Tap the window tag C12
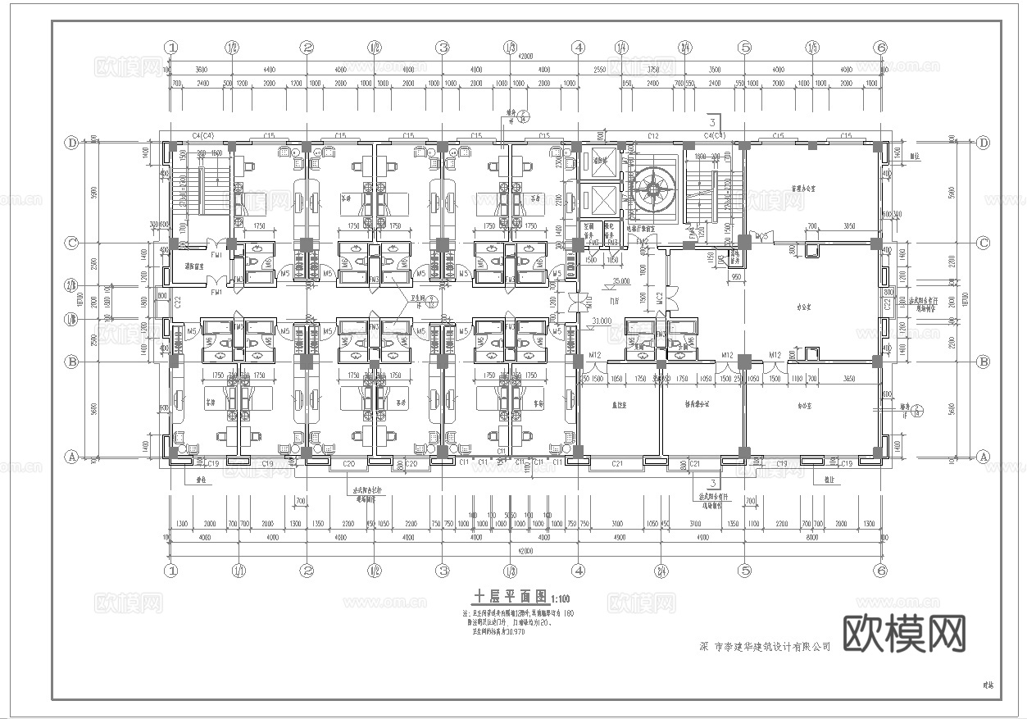tap(652, 135)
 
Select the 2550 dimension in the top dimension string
tap(599, 71)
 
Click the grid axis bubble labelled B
tap(72, 362)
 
